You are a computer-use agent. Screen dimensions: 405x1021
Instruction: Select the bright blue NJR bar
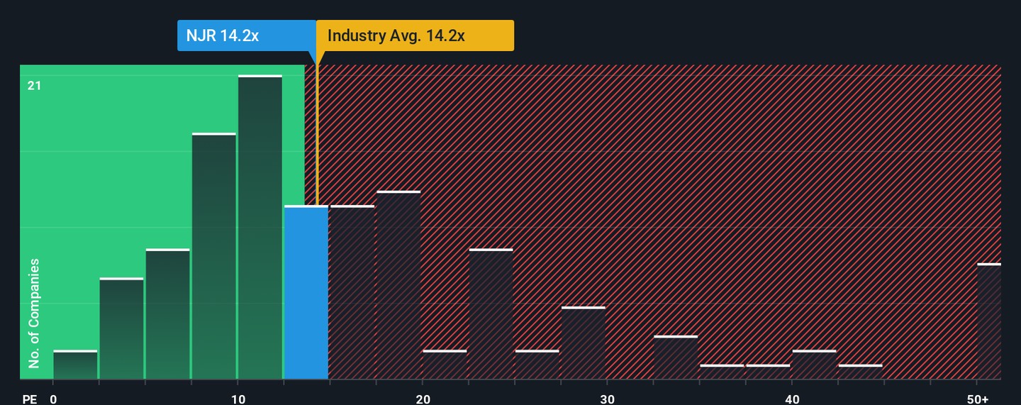[x=306, y=292]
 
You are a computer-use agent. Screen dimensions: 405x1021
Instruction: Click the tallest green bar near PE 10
[x=260, y=227]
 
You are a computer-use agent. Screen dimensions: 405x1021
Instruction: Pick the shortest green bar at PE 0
[x=75, y=365]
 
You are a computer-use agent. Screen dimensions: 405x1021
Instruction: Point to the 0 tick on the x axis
[x=53, y=399]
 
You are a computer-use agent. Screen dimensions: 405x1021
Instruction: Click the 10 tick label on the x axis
[x=238, y=399]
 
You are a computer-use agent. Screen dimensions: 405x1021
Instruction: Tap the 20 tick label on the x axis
[x=423, y=399]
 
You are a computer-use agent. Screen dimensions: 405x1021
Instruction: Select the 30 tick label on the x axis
[x=607, y=399]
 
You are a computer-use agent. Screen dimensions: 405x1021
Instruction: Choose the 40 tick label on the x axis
[x=792, y=399]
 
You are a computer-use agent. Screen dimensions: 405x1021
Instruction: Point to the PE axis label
[x=29, y=399]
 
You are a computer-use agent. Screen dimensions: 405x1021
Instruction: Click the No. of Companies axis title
[x=34, y=314]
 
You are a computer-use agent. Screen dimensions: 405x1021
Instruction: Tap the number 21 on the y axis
[x=35, y=86]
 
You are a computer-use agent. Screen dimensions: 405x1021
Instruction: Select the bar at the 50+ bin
[x=989, y=321]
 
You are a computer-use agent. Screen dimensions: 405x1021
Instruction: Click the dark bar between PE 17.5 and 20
[x=398, y=285]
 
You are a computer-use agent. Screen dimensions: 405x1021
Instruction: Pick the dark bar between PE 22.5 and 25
[x=491, y=314]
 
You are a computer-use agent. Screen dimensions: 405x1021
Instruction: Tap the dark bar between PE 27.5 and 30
[x=584, y=343]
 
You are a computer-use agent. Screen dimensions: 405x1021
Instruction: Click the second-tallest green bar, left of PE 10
[x=214, y=256]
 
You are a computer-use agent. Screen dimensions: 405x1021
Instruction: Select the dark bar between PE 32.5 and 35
[x=676, y=357]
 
